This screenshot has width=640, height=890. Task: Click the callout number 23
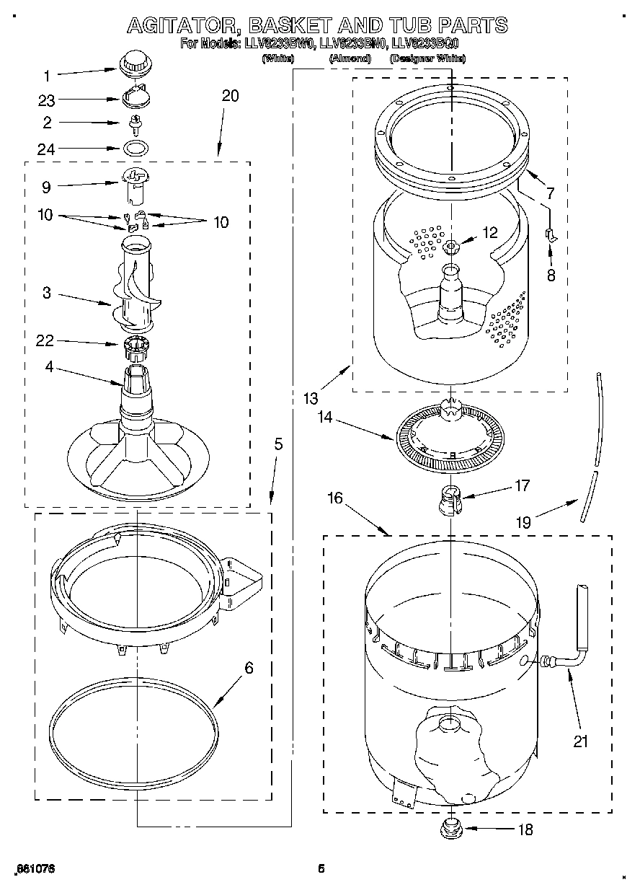click(x=46, y=101)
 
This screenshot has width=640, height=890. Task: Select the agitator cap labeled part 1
click(x=134, y=62)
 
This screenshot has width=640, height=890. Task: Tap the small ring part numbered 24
click(x=135, y=149)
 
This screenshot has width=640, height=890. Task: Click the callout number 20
click(x=230, y=96)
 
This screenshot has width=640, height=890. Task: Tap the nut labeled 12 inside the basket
click(x=452, y=247)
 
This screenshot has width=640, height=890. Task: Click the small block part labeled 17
click(x=450, y=499)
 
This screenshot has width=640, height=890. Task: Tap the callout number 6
click(x=249, y=668)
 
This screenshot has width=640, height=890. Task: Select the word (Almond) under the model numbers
click(x=349, y=58)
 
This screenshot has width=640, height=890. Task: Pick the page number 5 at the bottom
click(x=321, y=869)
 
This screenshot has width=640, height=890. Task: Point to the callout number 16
click(x=334, y=498)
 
